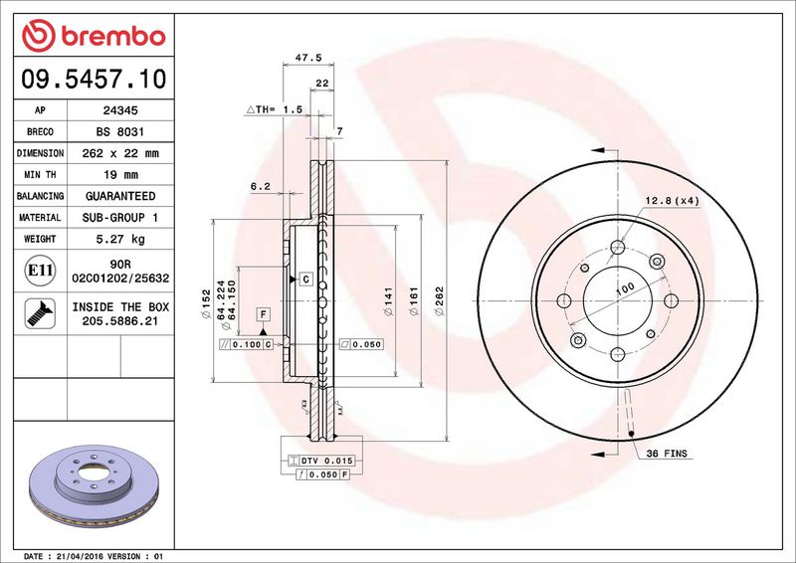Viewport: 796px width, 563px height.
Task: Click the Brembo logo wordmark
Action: pos(113,37)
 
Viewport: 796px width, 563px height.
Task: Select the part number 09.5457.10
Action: pos(94,80)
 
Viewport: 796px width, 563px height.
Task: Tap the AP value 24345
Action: pos(120,110)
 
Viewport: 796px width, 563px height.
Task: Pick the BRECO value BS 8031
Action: pos(120,131)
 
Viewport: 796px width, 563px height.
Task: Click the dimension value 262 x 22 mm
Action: pos(120,153)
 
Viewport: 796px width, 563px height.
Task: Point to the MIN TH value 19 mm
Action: pos(120,175)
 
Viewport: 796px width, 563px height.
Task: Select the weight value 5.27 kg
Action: pos(120,239)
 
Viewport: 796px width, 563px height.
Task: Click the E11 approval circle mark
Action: pos(40,271)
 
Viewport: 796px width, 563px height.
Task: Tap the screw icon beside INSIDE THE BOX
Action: pos(40,313)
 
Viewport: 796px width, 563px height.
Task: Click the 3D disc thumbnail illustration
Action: pos(94,485)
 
